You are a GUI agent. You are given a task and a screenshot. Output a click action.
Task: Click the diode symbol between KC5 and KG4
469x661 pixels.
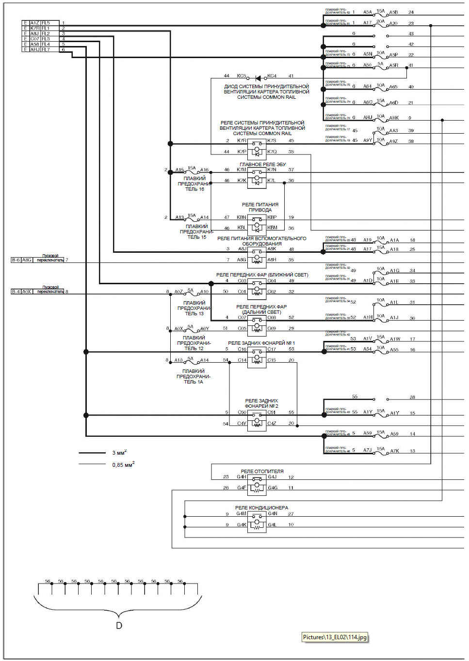258,77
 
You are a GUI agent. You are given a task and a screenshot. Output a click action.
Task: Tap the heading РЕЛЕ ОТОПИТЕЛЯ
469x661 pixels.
262,471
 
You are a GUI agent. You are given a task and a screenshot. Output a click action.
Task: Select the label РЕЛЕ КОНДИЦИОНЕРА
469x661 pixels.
261,507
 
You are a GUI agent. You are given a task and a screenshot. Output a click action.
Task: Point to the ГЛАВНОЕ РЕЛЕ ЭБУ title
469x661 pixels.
262,165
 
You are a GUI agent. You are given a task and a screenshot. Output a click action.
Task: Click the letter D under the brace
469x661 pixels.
119,625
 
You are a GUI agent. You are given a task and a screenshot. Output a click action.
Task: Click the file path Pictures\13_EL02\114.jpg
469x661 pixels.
335,637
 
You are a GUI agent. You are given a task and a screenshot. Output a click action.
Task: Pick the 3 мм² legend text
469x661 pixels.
119,453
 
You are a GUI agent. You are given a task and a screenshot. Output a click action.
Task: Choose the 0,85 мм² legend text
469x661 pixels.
123,465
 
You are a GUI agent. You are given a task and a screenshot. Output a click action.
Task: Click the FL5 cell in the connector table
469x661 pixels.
46,23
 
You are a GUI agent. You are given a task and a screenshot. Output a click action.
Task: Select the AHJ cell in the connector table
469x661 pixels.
35,49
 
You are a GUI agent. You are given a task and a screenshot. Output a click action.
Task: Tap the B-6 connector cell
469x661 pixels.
16,260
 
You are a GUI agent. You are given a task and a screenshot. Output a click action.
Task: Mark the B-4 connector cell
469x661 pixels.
16,292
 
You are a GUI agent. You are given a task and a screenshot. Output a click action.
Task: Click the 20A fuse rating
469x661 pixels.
380,21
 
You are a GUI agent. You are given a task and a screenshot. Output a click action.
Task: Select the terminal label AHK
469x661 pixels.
394,118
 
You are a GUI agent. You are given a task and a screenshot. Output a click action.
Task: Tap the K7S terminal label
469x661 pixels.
272,140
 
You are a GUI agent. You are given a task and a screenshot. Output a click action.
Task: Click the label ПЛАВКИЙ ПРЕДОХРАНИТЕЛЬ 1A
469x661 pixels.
193,376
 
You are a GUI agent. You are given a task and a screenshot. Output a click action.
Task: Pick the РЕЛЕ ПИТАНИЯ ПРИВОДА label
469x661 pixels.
260,207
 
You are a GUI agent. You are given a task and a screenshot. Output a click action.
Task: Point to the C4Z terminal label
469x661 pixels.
272,423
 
